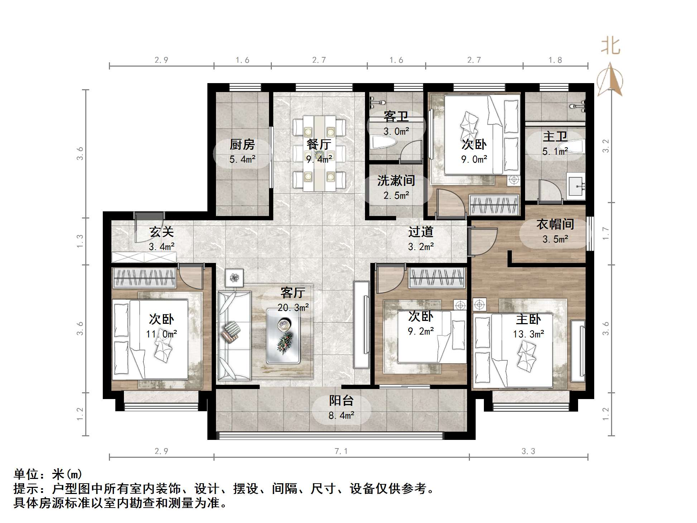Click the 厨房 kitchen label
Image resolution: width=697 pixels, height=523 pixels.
click(x=242, y=144)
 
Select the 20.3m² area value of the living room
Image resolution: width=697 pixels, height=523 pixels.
click(x=293, y=307)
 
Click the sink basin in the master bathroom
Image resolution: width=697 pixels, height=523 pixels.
click(x=576, y=186)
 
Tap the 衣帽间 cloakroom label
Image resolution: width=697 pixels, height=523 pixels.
click(x=555, y=224)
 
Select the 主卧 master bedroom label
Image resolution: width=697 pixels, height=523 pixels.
click(x=528, y=319)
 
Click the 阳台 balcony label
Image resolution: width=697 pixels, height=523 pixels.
click(x=341, y=400)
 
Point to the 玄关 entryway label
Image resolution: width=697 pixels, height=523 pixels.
click(x=162, y=232)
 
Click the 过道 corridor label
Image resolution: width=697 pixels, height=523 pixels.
click(x=421, y=232)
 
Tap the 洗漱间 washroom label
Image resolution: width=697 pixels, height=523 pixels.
click(x=396, y=181)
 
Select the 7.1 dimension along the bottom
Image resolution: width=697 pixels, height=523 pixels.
click(x=341, y=451)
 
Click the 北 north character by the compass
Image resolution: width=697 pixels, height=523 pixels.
click(x=610, y=45)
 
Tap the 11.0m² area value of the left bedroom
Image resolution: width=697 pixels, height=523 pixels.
click(x=162, y=334)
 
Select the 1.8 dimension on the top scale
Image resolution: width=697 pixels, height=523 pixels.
click(x=555, y=60)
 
